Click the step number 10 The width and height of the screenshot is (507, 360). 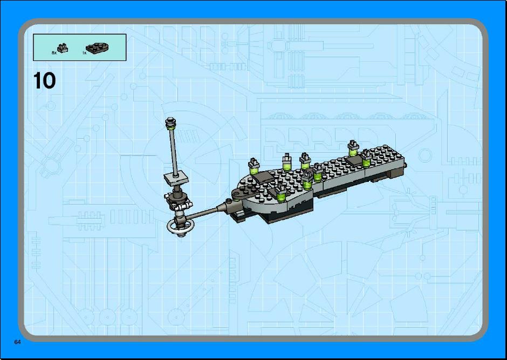click(44, 80)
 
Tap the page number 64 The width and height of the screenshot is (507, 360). click(17, 342)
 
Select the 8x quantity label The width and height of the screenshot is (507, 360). click(54, 52)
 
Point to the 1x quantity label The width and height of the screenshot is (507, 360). click(84, 53)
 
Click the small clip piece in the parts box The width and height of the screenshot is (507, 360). click(63, 48)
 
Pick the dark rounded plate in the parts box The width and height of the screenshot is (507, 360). click(97, 47)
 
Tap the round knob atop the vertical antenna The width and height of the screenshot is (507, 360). click(171, 122)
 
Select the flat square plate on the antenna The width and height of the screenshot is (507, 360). click(176, 178)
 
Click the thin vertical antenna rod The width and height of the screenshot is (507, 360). click(173, 151)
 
